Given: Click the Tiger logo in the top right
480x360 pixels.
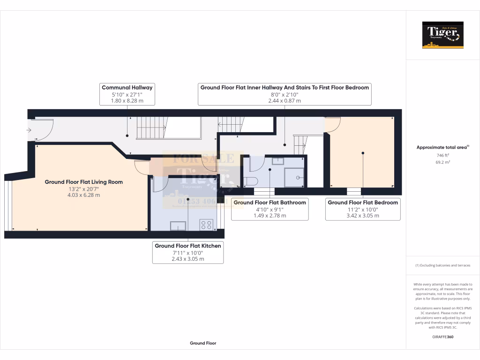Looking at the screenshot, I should (x=442, y=35).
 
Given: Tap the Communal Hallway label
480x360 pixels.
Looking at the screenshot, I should (x=127, y=87).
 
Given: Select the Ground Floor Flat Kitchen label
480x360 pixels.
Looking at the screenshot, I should (x=188, y=246).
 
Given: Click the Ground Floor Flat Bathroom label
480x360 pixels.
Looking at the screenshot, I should (x=270, y=202).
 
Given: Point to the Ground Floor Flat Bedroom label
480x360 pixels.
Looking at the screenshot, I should (x=363, y=202).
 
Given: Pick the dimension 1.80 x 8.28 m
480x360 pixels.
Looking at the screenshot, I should (x=127, y=100).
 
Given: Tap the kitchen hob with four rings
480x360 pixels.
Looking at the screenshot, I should (x=207, y=225).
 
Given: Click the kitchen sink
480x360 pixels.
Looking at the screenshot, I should (x=178, y=226).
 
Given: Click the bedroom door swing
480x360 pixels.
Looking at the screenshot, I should (x=332, y=124).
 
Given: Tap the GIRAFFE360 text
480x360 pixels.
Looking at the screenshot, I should (x=443, y=337).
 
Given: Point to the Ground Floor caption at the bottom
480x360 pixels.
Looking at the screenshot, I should (x=203, y=343).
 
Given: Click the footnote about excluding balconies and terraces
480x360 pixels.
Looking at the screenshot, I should (x=442, y=265).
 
